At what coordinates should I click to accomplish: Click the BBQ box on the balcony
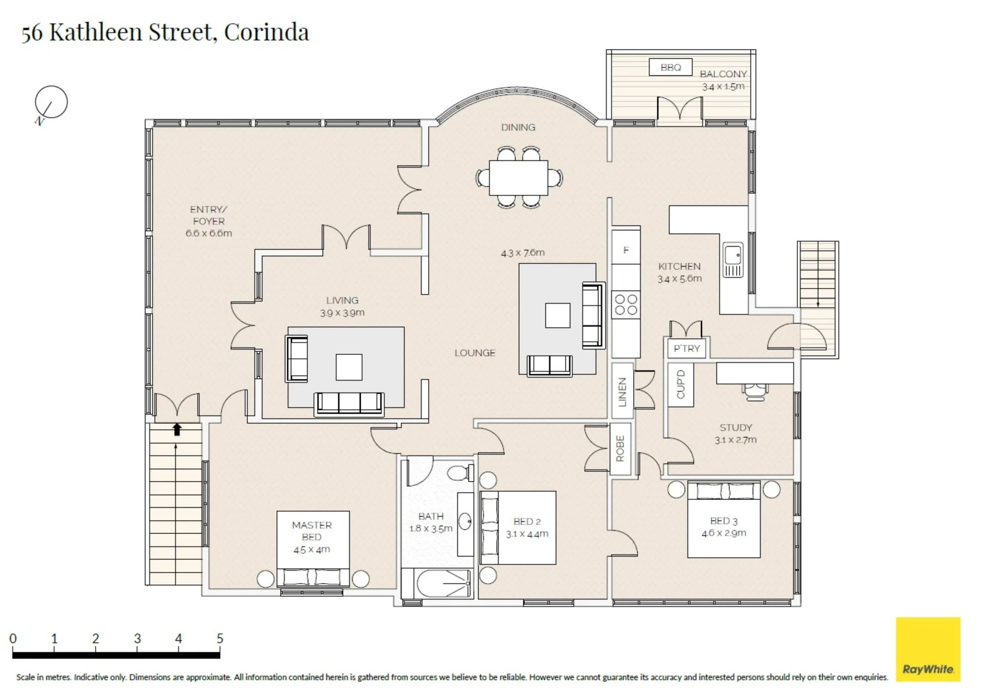(x=671, y=67)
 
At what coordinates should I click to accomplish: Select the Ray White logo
(x=928, y=649)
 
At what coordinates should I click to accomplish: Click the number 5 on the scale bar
(x=220, y=638)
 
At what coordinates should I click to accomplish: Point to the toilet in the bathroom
(x=461, y=473)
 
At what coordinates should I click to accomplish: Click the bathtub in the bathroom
(x=443, y=583)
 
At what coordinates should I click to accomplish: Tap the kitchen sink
(x=733, y=260)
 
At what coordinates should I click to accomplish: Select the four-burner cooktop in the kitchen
(x=626, y=305)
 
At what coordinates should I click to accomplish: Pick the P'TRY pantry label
(x=687, y=348)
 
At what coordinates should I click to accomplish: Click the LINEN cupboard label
(x=622, y=392)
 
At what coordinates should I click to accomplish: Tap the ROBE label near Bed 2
(x=621, y=449)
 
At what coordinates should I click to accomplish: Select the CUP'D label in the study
(x=680, y=384)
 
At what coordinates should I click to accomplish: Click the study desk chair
(x=755, y=392)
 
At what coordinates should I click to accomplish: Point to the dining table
(x=518, y=178)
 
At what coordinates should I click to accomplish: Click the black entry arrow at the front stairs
(x=177, y=429)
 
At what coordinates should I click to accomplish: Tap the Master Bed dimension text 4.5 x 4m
(x=312, y=549)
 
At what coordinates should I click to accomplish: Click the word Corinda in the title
(x=267, y=31)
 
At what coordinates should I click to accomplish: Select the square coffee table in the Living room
(x=349, y=367)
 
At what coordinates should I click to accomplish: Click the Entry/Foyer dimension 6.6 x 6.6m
(x=209, y=233)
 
